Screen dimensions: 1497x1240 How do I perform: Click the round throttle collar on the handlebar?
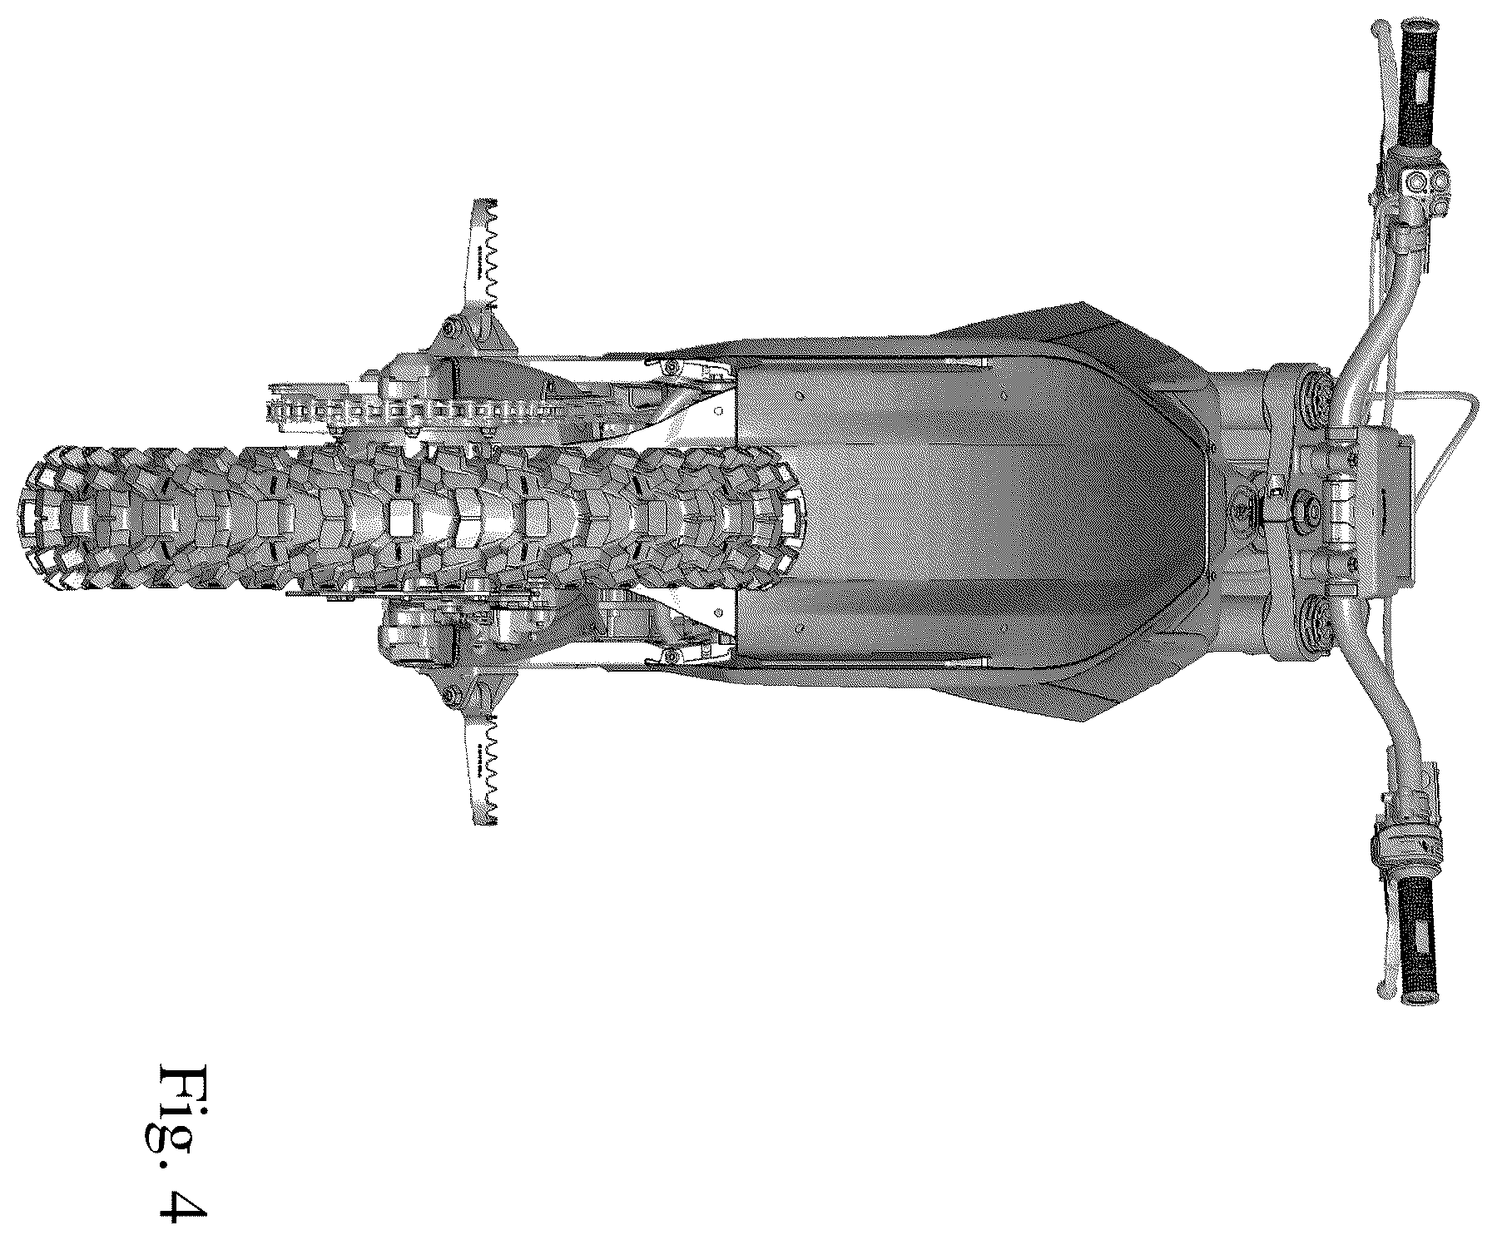1406,850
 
